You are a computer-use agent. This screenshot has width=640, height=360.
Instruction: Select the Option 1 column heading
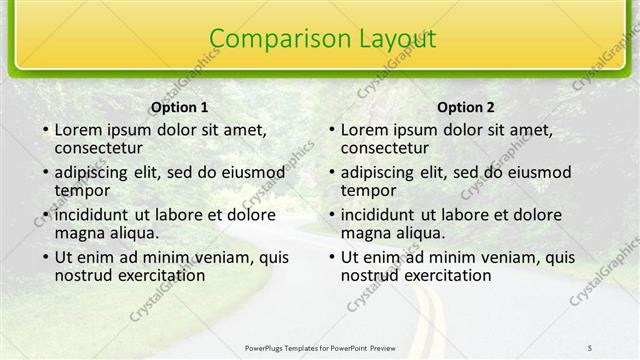180,107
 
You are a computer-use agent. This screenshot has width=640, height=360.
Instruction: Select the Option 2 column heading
466,107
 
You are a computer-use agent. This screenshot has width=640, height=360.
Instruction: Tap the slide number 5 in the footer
590,346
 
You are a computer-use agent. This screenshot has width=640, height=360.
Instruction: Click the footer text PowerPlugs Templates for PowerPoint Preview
320,346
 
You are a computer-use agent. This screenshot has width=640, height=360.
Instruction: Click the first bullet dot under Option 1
45,130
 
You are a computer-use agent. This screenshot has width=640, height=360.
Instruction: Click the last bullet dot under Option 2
331,258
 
